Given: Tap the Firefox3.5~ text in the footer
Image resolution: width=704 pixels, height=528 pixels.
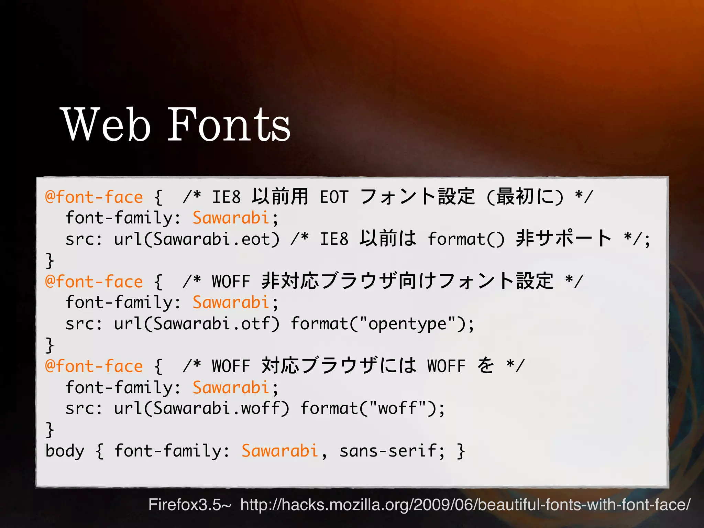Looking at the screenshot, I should click(x=190, y=505).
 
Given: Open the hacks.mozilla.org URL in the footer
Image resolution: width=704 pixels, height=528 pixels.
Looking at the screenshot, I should click(x=465, y=505).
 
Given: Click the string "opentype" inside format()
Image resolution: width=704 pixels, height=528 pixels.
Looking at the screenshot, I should click(x=407, y=323).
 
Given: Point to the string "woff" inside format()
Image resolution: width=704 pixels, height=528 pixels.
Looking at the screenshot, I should click(x=397, y=408).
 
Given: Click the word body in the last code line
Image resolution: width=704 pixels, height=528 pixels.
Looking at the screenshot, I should click(x=65, y=451).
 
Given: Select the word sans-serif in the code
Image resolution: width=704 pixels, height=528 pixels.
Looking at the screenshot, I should click(x=387, y=451).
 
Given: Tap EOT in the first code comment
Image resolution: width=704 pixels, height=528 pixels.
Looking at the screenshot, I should click(x=334, y=197).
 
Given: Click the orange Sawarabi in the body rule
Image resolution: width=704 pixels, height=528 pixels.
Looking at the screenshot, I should click(x=280, y=451).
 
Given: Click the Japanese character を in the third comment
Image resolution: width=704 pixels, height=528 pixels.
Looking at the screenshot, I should click(x=486, y=365).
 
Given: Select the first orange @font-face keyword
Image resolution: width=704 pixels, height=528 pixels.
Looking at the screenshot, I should click(x=94, y=197).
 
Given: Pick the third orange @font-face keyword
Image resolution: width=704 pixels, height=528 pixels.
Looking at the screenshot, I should click(x=94, y=366).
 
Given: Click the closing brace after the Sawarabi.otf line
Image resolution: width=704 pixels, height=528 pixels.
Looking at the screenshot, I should click(x=50, y=345).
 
